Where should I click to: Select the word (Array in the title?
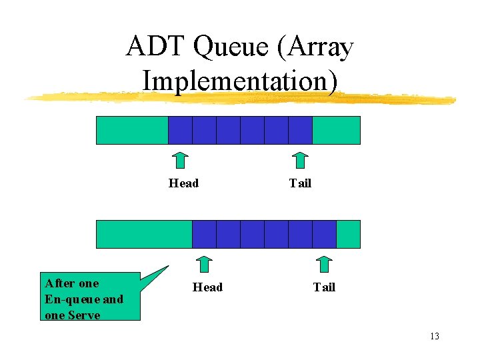(313, 47)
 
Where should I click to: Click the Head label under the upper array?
(183, 183)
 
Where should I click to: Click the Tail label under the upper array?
(300, 183)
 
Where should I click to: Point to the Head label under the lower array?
(207, 287)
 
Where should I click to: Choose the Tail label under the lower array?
(324, 287)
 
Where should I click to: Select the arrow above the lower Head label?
(205, 265)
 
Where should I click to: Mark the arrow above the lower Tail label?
(324, 265)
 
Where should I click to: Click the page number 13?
(434, 336)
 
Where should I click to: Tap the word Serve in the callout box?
(86, 315)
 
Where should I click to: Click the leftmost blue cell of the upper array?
(180, 130)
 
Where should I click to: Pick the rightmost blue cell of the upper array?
(300, 130)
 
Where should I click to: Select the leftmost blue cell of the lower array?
(204, 234)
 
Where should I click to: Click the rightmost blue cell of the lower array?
(324, 234)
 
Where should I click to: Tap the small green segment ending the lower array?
(348, 234)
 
